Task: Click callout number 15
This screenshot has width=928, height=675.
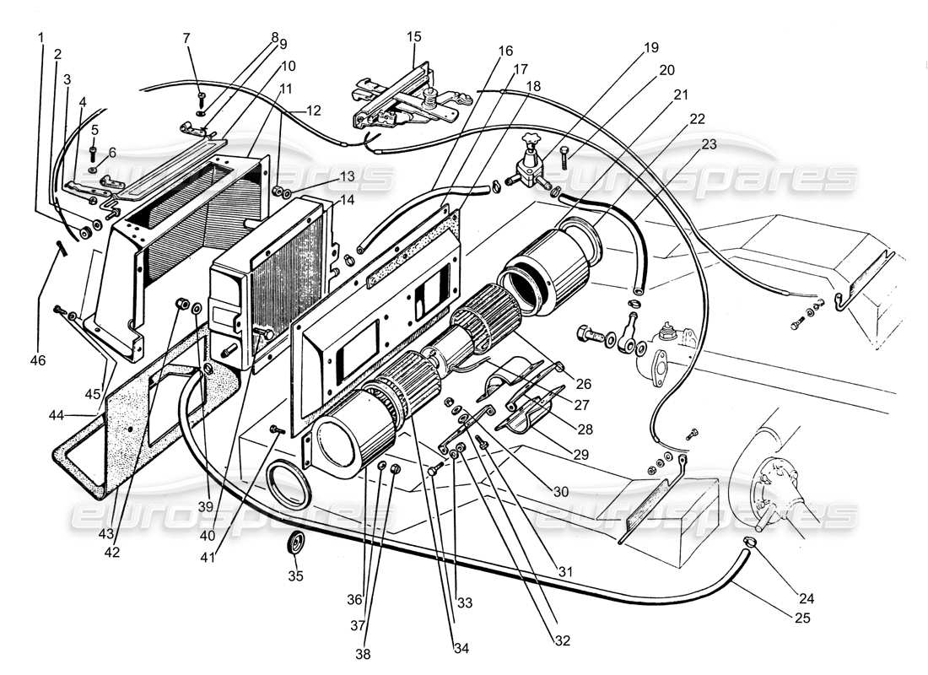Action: [x=413, y=37]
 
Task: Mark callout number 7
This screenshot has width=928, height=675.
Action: [x=186, y=37]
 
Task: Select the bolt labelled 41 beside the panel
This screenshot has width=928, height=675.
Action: [x=275, y=430]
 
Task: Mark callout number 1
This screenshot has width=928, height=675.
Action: [x=40, y=37]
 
